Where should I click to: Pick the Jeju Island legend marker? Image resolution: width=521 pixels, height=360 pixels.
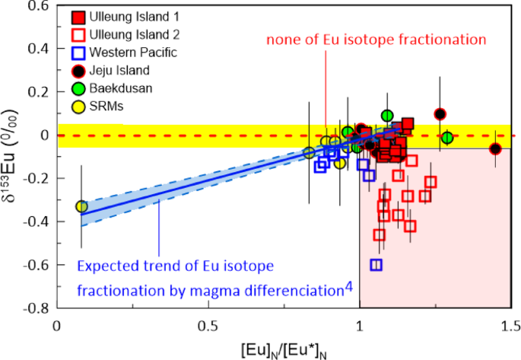78,72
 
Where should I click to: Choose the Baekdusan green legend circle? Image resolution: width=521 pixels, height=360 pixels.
78,89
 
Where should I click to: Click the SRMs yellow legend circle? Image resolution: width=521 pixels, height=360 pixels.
78,107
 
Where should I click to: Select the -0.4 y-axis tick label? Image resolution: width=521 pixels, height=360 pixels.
36,222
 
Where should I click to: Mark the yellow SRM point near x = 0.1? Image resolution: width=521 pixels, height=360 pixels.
81,206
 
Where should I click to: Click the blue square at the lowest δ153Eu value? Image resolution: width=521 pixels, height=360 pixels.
376,265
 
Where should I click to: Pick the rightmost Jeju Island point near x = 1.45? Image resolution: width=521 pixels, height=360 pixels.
495,148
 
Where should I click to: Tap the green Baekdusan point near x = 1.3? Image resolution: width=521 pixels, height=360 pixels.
447,138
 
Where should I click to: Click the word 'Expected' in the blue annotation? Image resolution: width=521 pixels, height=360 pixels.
103,266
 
